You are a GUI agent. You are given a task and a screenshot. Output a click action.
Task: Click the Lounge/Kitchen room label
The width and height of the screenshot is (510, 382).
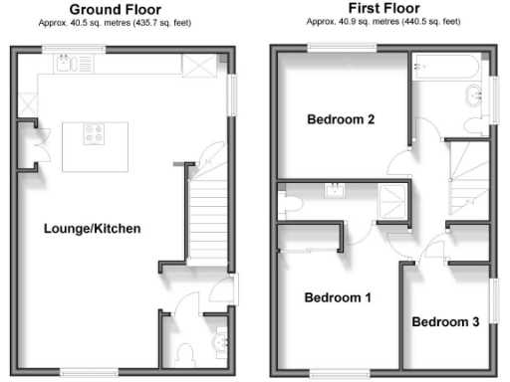click(x=93, y=229)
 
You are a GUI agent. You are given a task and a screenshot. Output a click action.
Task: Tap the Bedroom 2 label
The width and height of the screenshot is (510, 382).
click(x=340, y=120)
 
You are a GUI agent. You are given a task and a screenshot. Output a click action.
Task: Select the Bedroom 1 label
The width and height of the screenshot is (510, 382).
click(x=338, y=297)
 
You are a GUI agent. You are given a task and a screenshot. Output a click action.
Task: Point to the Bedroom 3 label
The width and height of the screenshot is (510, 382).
click(x=445, y=322)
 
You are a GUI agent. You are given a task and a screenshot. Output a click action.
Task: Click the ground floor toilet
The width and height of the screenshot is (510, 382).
click(x=184, y=353)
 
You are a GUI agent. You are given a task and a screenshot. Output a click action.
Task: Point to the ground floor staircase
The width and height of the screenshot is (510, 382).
click(x=209, y=217)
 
